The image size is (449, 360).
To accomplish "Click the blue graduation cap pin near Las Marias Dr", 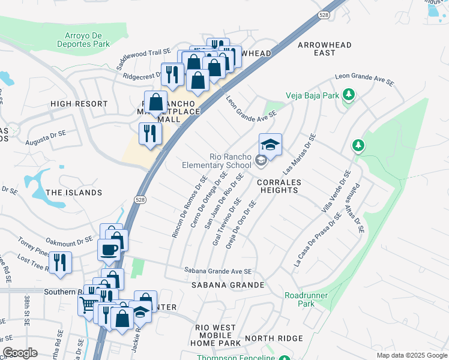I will (x=270, y=145).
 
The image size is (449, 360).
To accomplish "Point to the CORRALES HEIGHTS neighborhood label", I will (x=279, y=186).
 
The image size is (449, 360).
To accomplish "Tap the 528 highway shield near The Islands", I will (x=139, y=201).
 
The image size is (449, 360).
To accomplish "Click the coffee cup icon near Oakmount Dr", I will (x=109, y=249).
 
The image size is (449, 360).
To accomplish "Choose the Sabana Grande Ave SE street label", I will (x=218, y=271).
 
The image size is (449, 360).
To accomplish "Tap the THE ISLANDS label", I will (x=74, y=193).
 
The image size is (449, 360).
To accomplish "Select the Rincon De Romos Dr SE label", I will (x=190, y=207).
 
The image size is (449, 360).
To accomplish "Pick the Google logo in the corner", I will (x=20, y=353).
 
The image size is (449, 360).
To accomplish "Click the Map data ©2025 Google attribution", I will (x=411, y=355).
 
